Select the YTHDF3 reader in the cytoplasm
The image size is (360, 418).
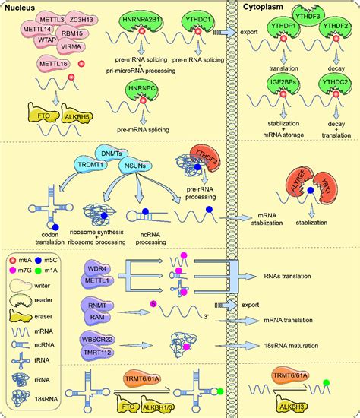point(305,12)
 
